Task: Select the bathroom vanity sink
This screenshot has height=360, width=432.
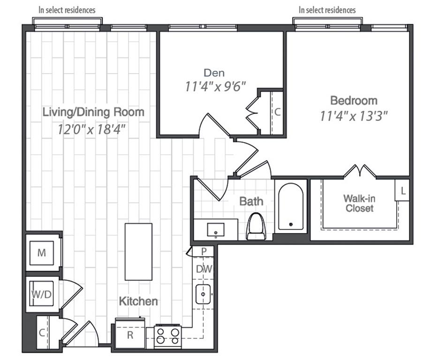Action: click(x=216, y=230)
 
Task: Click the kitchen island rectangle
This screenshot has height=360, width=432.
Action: click(x=138, y=252)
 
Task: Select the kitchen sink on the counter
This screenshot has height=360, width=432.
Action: click(x=204, y=294)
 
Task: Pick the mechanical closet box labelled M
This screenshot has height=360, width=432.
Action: click(x=42, y=253)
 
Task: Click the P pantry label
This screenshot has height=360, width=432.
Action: click(x=204, y=251)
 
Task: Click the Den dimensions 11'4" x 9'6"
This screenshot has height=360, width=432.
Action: click(x=214, y=87)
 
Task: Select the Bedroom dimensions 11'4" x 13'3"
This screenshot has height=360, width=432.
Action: click(x=354, y=116)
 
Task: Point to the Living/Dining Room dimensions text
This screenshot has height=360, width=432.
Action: click(x=92, y=128)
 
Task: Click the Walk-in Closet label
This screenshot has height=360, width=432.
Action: click(x=359, y=203)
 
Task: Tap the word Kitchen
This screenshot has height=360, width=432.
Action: click(x=138, y=301)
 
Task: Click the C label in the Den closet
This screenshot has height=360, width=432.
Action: click(x=277, y=112)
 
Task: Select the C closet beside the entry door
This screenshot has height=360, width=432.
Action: click(x=42, y=333)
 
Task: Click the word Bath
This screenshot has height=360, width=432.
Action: click(x=251, y=202)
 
